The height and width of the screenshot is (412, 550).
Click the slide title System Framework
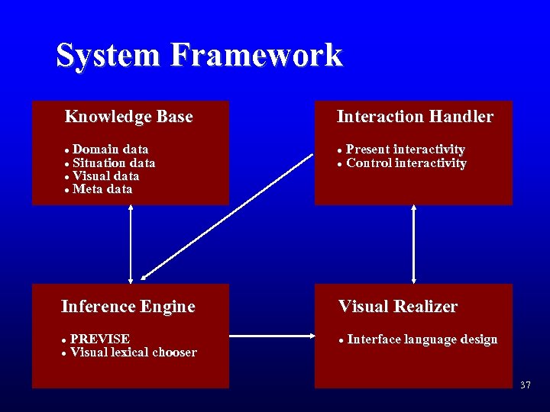[x=199, y=56]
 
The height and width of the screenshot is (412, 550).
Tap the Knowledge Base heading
[x=128, y=117]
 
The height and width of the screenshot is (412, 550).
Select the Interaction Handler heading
[x=415, y=117]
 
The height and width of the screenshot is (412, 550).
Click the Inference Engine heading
[x=128, y=307]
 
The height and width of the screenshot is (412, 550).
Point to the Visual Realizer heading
[x=398, y=307]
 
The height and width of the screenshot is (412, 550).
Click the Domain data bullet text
[x=111, y=150]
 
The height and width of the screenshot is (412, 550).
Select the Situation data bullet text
[x=114, y=163]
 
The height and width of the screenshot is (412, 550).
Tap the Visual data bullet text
[x=106, y=176]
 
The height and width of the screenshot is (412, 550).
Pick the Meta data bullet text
[x=102, y=189]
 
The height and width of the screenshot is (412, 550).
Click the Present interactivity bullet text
[x=406, y=150]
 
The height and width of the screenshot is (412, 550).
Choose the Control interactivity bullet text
[x=406, y=163]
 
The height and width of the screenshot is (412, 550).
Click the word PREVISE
[x=100, y=339]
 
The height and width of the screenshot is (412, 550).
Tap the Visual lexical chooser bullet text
[x=134, y=352]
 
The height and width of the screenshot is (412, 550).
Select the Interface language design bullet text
[x=422, y=340]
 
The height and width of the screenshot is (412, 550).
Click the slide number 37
[x=525, y=385]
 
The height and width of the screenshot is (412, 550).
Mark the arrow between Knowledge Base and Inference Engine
[x=131, y=244]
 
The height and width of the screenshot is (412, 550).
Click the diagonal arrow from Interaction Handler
[x=228, y=217]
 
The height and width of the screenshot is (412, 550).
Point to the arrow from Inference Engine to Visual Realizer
[x=272, y=336]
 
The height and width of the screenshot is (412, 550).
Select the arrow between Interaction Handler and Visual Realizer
[x=414, y=244]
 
